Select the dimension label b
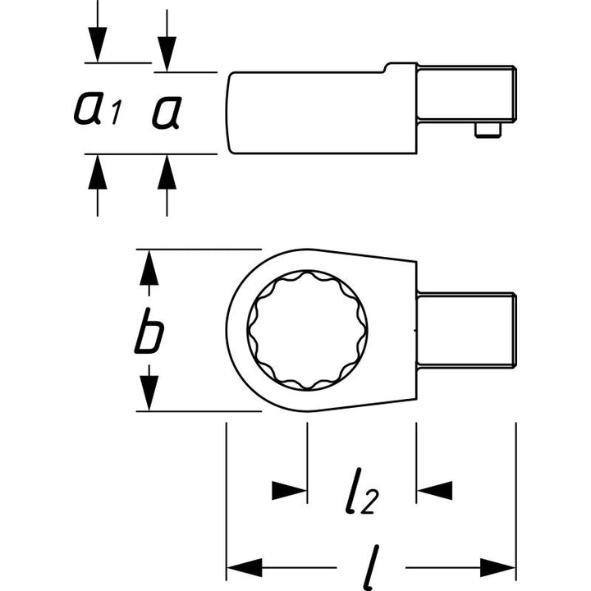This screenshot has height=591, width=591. point(150,332)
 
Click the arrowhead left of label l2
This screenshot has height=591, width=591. point(290,490)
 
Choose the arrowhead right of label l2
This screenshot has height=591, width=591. point(434,490)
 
